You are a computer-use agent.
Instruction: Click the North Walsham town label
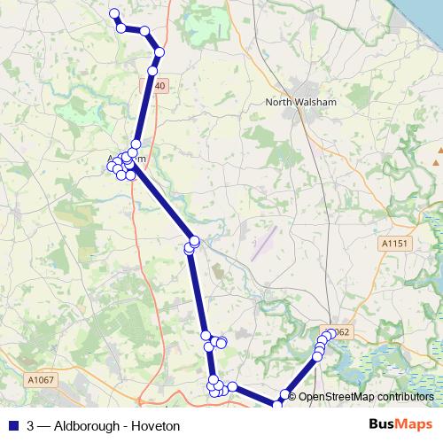(301, 103)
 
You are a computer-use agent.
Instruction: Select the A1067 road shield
(41, 380)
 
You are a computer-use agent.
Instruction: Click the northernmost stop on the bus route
(113, 13)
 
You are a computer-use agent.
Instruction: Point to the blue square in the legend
(12, 426)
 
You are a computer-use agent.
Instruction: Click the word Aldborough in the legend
(87, 426)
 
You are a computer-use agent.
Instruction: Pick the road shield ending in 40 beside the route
(159, 86)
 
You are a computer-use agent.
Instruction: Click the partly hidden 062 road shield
(343, 332)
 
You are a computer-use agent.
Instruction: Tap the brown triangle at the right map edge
(437, 162)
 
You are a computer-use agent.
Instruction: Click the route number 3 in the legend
(31, 426)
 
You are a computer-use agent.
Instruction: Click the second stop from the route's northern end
(121, 28)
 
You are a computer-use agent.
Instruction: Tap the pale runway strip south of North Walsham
(263, 247)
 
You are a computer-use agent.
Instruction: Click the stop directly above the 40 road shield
(152, 70)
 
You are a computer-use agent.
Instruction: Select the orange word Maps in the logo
(411, 425)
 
